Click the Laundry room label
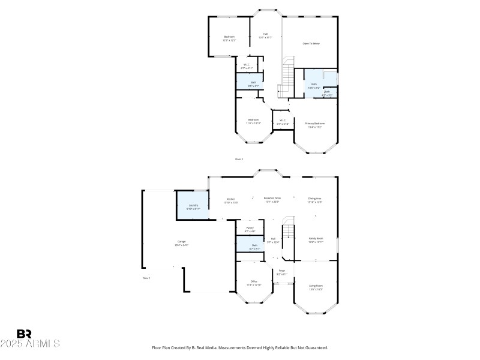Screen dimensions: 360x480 (x=193, y=205)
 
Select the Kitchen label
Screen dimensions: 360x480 (x=231, y=199)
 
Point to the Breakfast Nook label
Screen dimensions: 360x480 (x=273, y=198)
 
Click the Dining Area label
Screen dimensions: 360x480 (x=315, y=199)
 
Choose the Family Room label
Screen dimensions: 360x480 (x=316, y=238)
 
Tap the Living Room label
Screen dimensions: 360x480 (x=316, y=286)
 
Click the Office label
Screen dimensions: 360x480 (x=254, y=282)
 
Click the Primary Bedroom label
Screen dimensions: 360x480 (x=315, y=124)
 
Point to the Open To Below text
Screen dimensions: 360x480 (x=311, y=44)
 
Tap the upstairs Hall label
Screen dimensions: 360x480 (x=265, y=35)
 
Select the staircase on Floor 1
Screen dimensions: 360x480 (x=289, y=231)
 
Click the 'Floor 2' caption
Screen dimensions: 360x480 (x=239, y=159)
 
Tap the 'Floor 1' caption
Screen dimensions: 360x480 (x=146, y=278)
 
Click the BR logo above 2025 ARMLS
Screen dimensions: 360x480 (x=24, y=334)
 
